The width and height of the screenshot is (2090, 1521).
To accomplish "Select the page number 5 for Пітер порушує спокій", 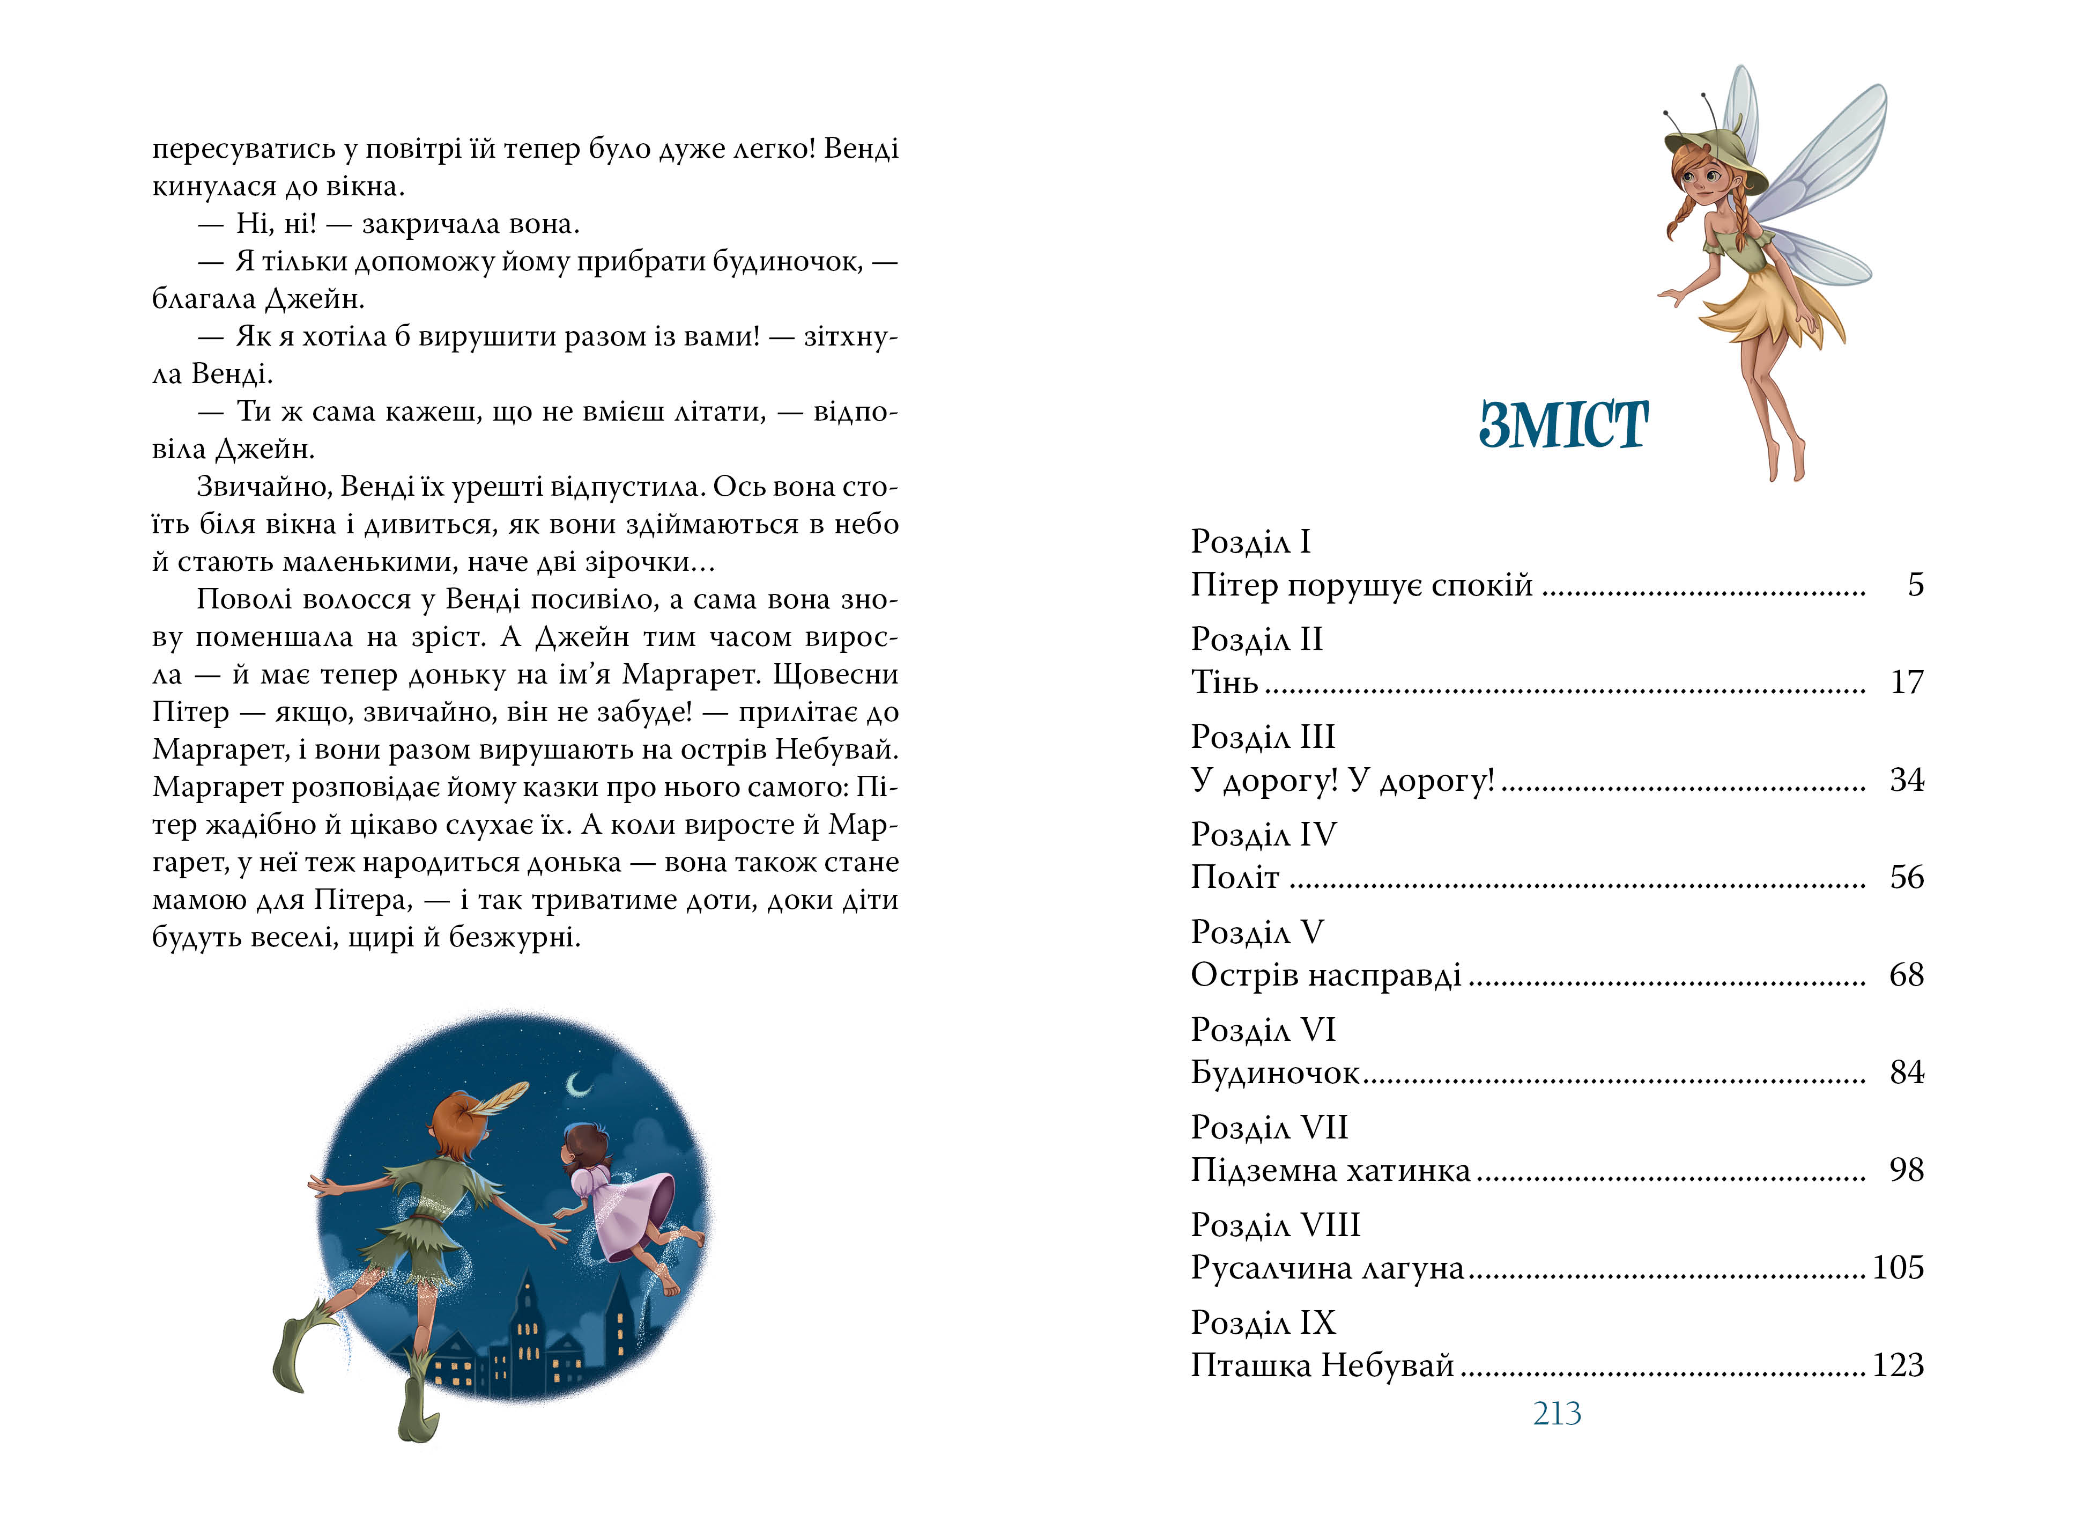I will click(x=1915, y=584).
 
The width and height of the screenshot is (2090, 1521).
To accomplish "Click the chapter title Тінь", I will click(x=1224, y=682).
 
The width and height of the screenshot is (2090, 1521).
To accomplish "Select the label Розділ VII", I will click(x=1269, y=1127).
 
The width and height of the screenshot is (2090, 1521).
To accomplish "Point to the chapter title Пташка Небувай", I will click(x=1322, y=1365).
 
